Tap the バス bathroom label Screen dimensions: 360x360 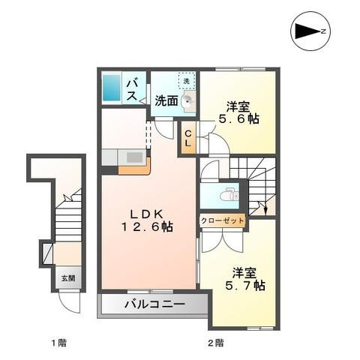pyautogui.click(x=130, y=88)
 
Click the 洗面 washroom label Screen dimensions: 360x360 pyautogui.click(x=166, y=100)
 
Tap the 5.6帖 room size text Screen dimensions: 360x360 pyautogui.click(x=238, y=118)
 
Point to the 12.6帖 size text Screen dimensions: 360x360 pyautogui.click(x=148, y=226)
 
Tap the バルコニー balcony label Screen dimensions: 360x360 pyautogui.click(x=154, y=306)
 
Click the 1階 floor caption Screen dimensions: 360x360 pyautogui.click(x=59, y=343)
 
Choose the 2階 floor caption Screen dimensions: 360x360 pyautogui.click(x=215, y=343)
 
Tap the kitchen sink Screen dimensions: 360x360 pyautogui.click(x=135, y=157)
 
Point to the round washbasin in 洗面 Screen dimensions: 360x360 pyautogui.click(x=188, y=104)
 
